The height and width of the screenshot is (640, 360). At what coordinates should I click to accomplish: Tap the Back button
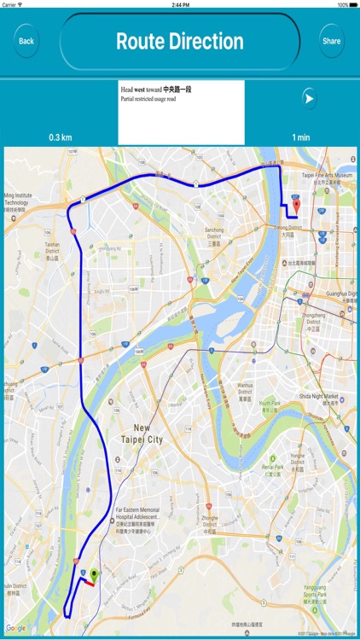26,41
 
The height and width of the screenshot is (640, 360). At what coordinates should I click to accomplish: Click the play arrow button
308,99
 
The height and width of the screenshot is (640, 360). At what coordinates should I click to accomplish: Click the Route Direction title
179,41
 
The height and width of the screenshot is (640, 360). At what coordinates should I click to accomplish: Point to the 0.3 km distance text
61,137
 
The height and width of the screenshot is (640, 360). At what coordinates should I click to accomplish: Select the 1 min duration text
300,137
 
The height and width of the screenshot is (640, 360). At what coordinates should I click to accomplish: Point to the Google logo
16,628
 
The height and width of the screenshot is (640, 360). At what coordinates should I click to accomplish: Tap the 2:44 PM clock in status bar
179,4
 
